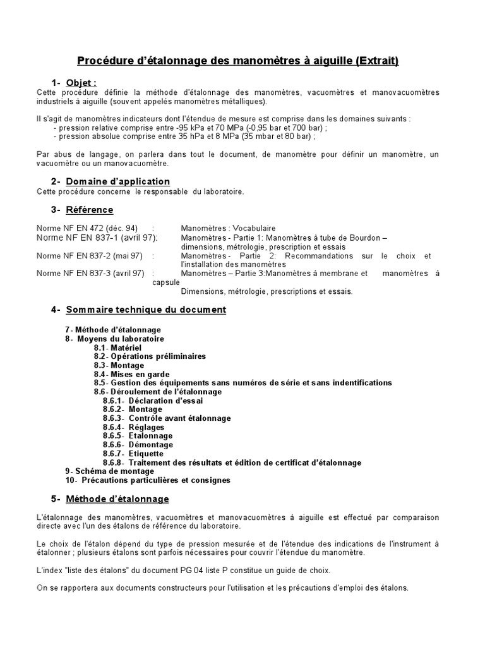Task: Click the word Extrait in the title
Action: click(x=376, y=61)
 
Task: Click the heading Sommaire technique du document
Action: click(x=145, y=310)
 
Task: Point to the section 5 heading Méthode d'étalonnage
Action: click(x=117, y=499)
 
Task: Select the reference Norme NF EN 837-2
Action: click(x=89, y=256)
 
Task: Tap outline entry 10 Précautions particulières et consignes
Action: click(x=148, y=480)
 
